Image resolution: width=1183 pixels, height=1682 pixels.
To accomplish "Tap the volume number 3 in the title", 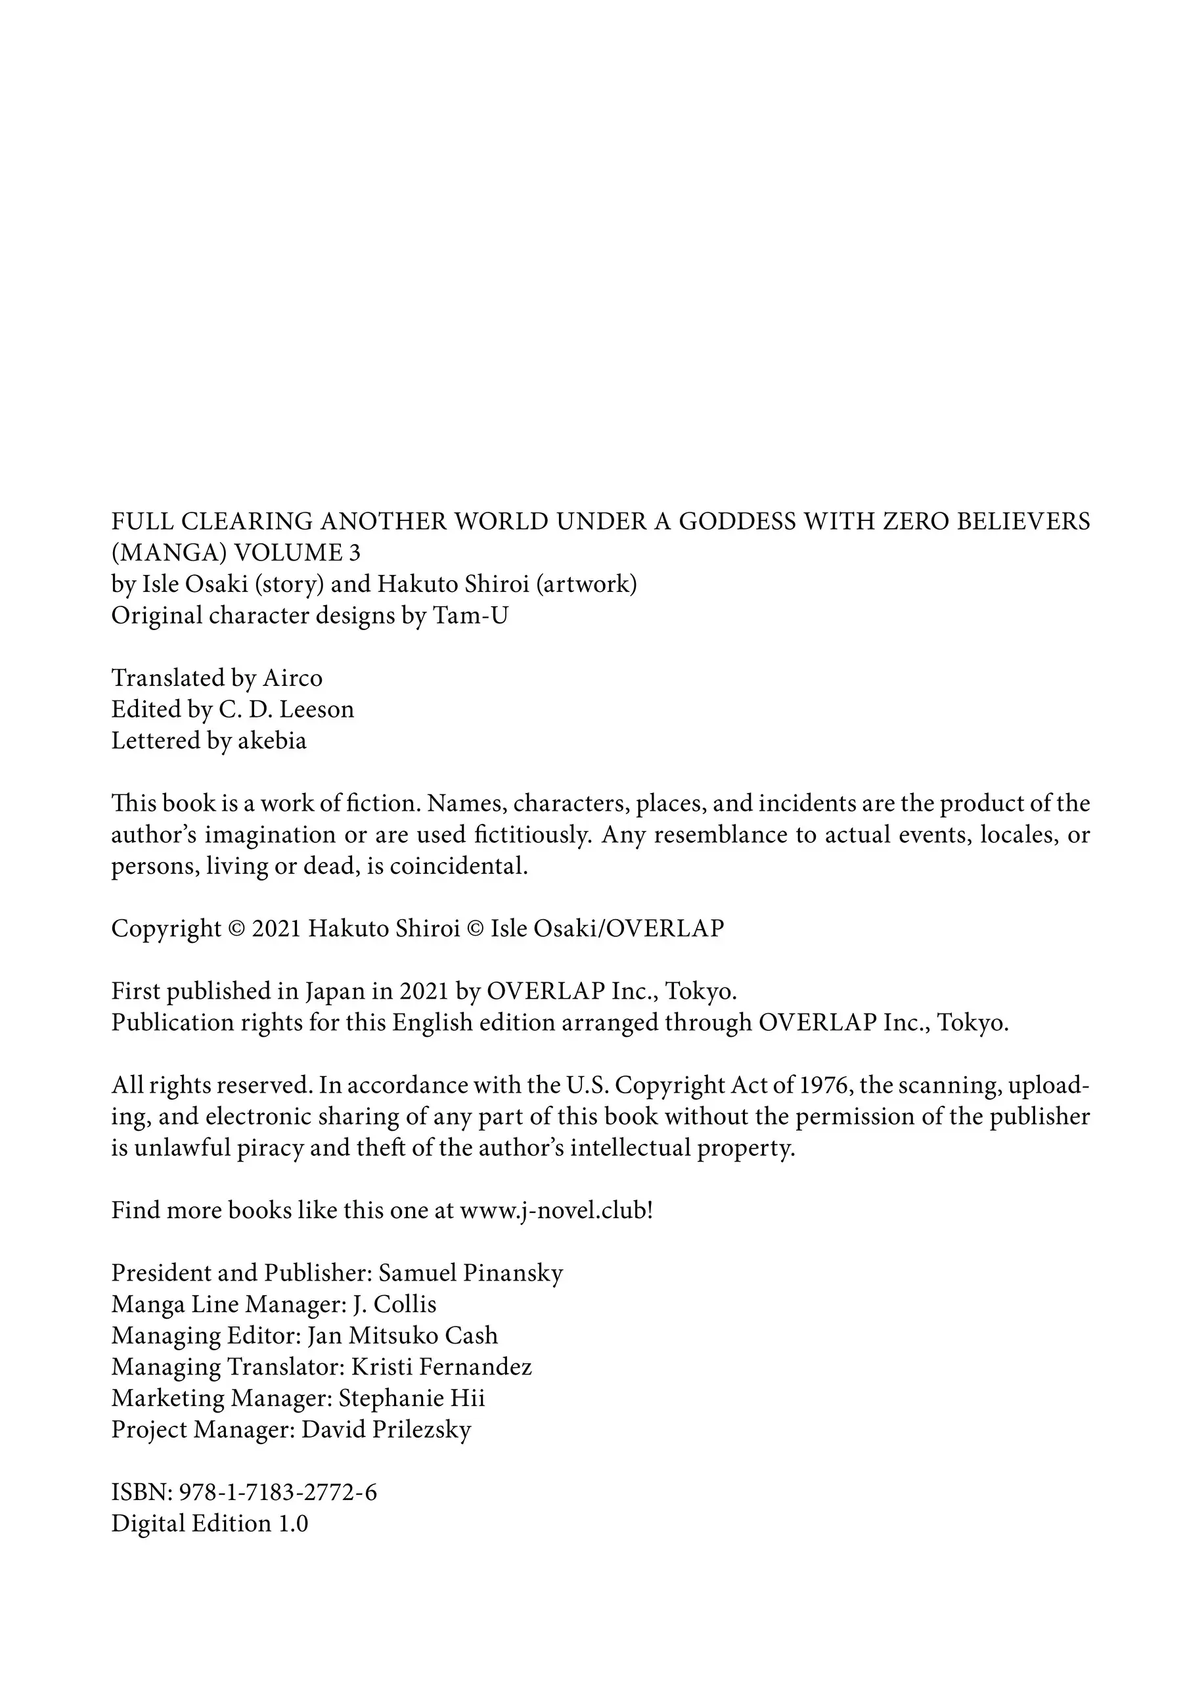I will click(x=355, y=553).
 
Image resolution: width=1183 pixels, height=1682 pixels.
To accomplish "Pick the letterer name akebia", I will click(x=272, y=740).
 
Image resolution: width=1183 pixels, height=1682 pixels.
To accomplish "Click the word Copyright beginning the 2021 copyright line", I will click(x=166, y=929).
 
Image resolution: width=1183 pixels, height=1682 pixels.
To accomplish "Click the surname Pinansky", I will click(x=513, y=1273).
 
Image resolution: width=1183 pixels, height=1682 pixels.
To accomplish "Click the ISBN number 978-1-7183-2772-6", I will click(x=278, y=1492).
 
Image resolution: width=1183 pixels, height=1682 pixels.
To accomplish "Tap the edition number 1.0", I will click(x=292, y=1524).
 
